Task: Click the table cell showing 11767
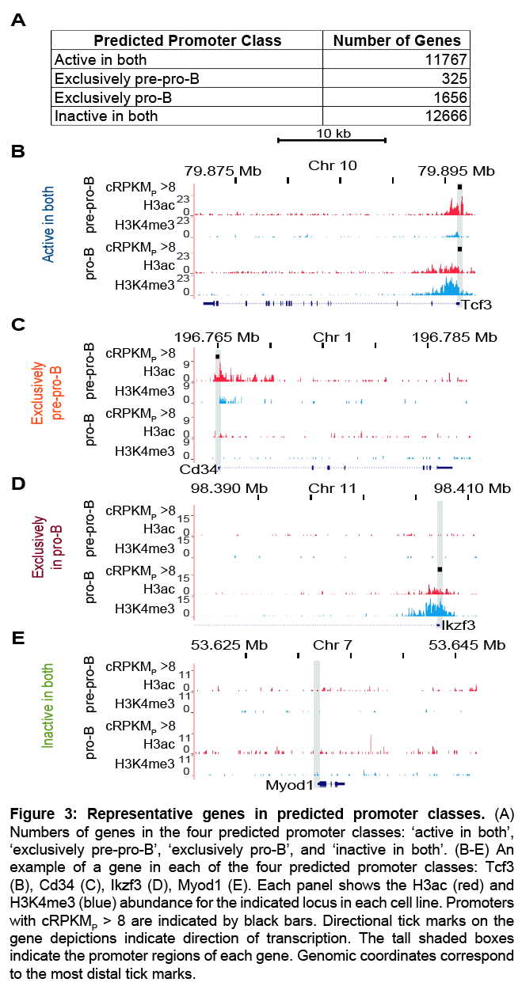point(444,59)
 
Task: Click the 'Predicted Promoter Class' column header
point(187,40)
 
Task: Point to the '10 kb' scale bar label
point(332,133)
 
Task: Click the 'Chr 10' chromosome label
point(333,165)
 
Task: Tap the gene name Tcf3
point(478,305)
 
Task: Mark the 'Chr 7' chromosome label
point(333,646)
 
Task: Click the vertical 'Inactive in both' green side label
point(48,711)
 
